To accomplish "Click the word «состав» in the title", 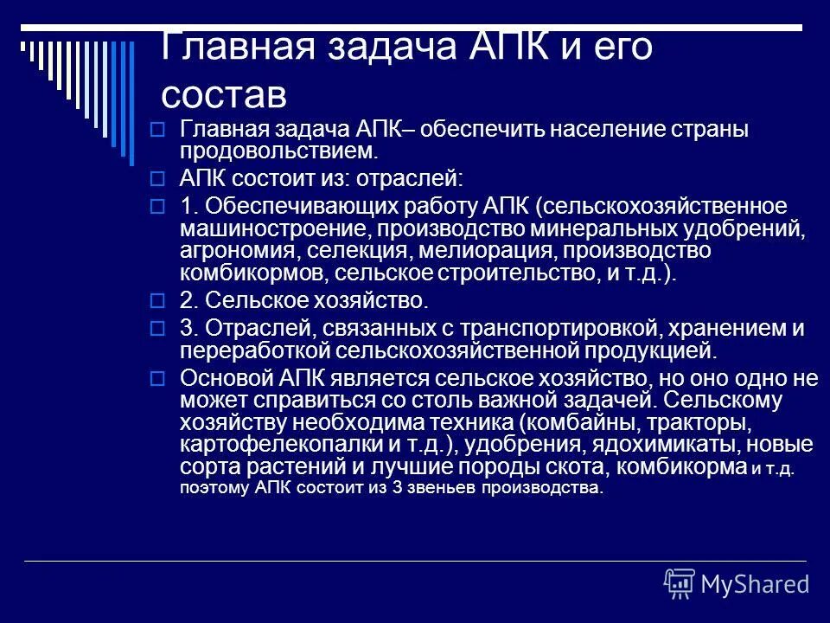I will [x=222, y=91].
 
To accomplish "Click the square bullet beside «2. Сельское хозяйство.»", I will [x=156, y=301].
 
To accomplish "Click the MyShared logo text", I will [x=754, y=584].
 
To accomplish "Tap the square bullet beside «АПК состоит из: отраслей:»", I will [x=156, y=180].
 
